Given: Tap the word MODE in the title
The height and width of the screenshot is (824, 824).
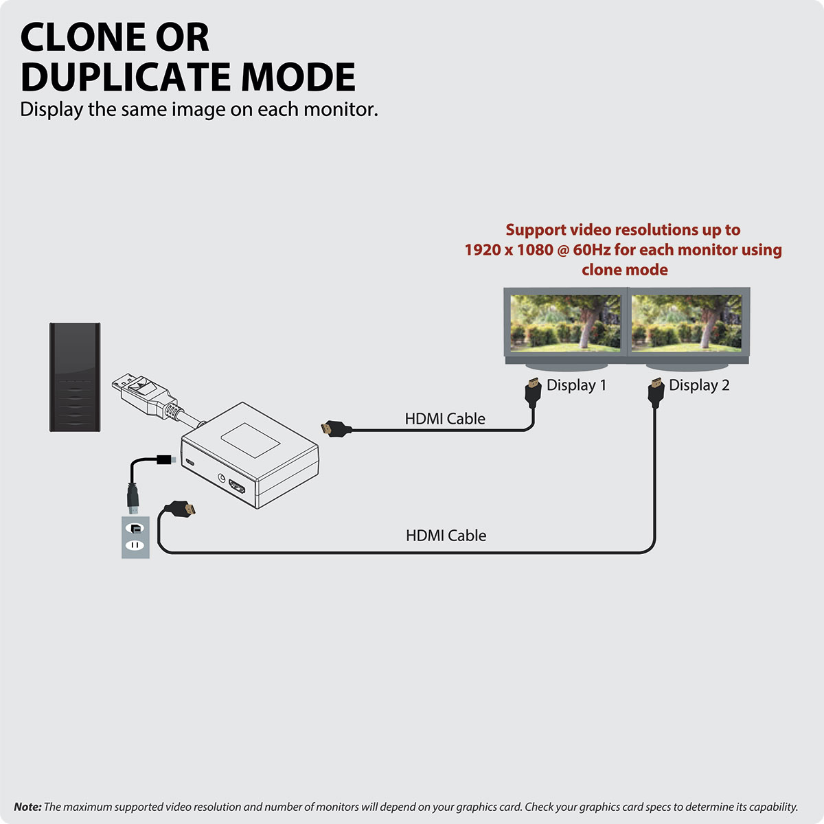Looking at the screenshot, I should click(298, 77).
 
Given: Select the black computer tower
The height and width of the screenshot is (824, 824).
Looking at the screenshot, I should click(75, 377).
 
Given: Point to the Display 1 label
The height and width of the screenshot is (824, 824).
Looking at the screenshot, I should click(576, 385).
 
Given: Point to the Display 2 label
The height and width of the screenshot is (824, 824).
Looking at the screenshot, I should click(699, 385).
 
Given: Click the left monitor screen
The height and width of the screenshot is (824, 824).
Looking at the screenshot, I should click(566, 323).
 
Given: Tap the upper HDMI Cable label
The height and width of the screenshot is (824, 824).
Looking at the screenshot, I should click(445, 419).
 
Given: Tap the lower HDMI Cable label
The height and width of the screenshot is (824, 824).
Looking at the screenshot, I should click(446, 536).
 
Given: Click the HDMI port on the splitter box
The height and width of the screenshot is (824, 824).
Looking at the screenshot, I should click(238, 488).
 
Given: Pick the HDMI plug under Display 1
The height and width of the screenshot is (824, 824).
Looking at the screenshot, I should click(531, 391).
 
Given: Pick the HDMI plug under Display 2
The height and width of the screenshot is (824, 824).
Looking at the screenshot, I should click(656, 391).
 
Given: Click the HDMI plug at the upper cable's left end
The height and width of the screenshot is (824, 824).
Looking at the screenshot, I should click(336, 430).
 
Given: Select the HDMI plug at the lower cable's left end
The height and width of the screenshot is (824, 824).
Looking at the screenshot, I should click(181, 510).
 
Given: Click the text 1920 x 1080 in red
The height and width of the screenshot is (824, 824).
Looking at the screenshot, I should click(508, 250).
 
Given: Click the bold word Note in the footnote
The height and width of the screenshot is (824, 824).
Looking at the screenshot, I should click(27, 808).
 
